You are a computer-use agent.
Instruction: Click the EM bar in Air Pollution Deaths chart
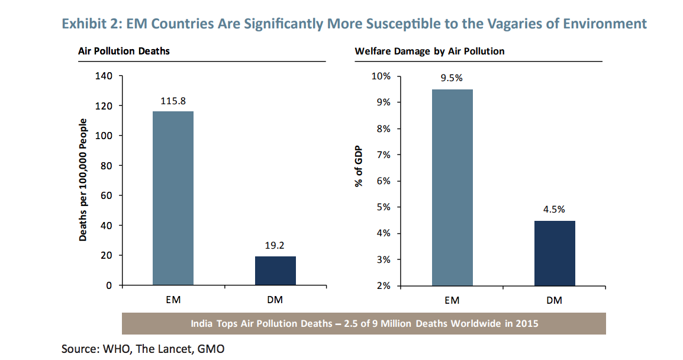[173, 198]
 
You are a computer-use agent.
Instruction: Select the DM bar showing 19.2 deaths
[275, 271]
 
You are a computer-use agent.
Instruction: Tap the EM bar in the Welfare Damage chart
[452, 187]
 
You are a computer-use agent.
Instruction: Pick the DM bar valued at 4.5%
[555, 253]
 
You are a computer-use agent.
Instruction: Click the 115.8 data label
[173, 101]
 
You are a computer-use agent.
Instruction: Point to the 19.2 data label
[275, 246]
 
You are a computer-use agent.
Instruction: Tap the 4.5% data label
[555, 209]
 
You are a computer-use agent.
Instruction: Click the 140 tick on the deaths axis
[104, 76]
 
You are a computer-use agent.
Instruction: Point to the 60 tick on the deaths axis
[107, 195]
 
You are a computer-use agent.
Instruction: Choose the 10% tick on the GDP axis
[381, 76]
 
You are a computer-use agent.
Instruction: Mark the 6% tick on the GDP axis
[383, 181]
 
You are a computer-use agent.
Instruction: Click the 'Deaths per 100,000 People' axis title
[83, 180]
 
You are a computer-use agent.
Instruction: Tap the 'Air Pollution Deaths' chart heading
[124, 51]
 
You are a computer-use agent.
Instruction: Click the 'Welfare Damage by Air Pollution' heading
[429, 51]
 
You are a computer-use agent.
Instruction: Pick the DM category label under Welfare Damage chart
[555, 300]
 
